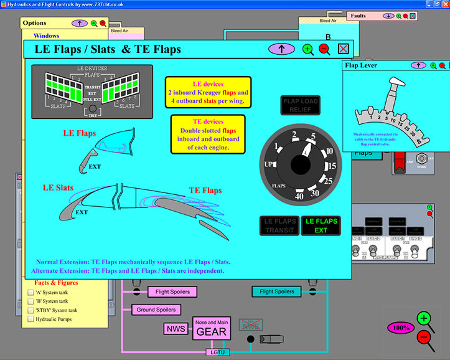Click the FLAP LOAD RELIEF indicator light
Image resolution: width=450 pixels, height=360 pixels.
[300, 105]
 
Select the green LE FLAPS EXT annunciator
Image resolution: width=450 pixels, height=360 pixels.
[321, 225]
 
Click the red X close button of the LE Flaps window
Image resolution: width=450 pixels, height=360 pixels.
[343, 49]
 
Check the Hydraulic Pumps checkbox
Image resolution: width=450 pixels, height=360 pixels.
[30, 319]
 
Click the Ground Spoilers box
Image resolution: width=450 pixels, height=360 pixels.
[156, 310]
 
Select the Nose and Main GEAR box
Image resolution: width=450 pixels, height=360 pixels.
[212, 328]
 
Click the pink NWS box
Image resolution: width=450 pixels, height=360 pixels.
[175, 328]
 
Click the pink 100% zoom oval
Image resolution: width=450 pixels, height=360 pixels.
[401, 327]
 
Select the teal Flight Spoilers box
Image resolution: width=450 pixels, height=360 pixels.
[277, 291]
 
